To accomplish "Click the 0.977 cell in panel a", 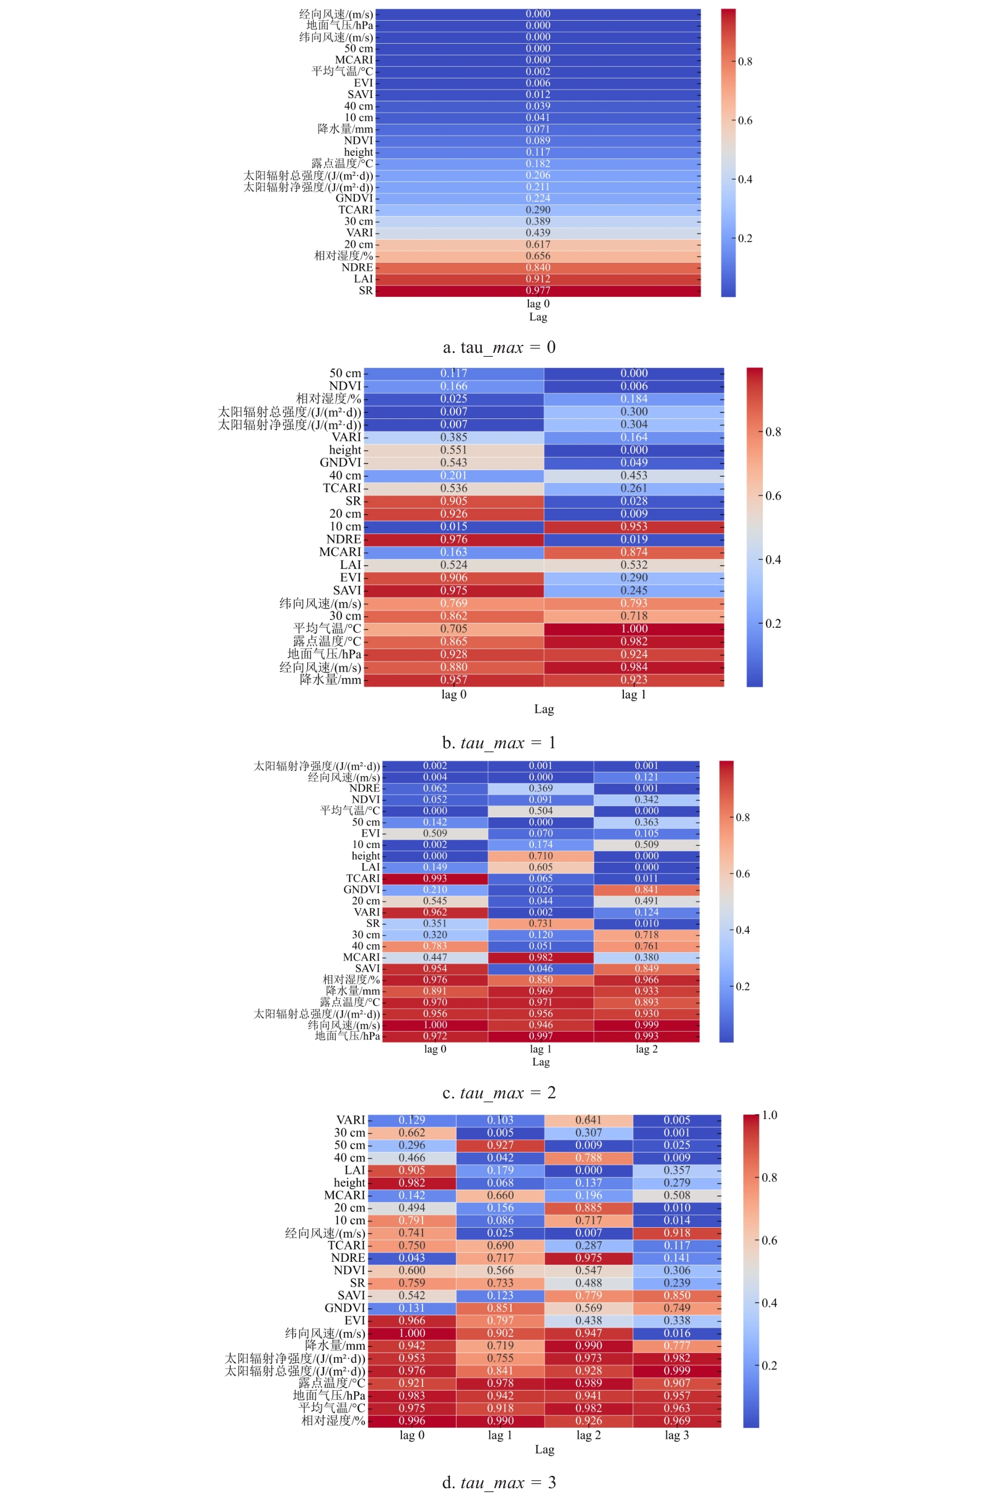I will click(x=538, y=291).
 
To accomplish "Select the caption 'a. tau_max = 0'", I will click(x=499, y=347).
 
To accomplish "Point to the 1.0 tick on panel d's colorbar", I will click(x=770, y=1115).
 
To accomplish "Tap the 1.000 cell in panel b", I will click(x=634, y=628).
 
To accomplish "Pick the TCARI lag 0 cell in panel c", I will click(x=435, y=878).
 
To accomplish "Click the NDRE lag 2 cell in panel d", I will click(x=589, y=1257).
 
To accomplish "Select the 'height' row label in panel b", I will click(x=345, y=450).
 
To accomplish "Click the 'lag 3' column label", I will click(x=677, y=1435).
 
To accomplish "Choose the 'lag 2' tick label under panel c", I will click(x=646, y=1049).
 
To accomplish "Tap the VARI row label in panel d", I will click(x=350, y=1120).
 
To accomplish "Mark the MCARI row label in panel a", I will click(x=354, y=60).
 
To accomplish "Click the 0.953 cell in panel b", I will click(x=634, y=526).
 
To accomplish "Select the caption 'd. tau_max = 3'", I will click(x=499, y=1482).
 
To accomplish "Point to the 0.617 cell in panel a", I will click(x=538, y=244).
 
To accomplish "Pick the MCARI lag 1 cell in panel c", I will click(x=541, y=957).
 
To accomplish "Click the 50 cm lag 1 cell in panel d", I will click(x=500, y=1145).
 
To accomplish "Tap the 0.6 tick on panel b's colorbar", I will click(x=773, y=496).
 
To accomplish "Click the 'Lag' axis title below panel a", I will click(x=538, y=317).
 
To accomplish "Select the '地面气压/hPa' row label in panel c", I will click(x=347, y=1036).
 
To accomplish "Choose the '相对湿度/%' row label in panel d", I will click(x=333, y=1420).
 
